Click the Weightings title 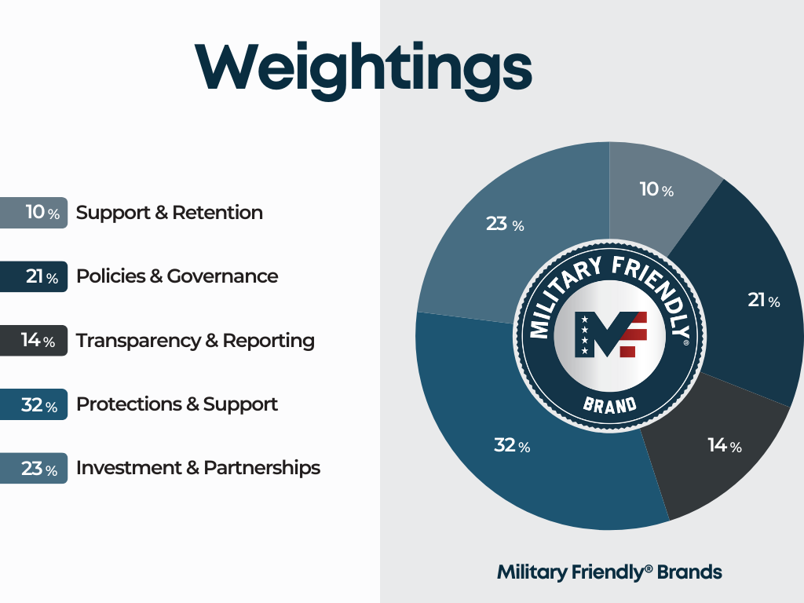pos(363,69)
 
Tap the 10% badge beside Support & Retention pos(33,212)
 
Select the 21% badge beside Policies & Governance pos(33,276)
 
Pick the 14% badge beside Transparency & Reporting pos(33,341)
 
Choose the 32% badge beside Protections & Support pos(33,404)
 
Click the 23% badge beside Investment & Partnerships pos(33,468)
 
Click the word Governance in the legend pos(222,276)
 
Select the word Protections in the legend pos(129,404)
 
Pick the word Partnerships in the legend pos(261,468)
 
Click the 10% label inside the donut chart pos(656,189)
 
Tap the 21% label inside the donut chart pos(764,300)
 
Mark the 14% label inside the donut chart pos(725,445)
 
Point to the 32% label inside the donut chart pos(512,445)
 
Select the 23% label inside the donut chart pos(505,224)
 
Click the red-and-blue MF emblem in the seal pos(611,334)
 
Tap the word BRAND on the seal pos(609,406)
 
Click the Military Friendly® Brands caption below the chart pos(609,572)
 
